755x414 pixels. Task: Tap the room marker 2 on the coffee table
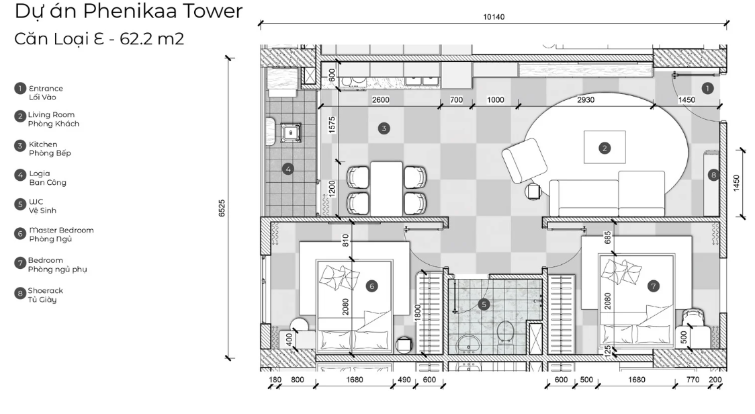click(x=605, y=148)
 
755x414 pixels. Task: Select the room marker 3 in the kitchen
click(x=384, y=128)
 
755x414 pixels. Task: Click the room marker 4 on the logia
click(x=288, y=169)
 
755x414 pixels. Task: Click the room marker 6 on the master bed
click(x=373, y=286)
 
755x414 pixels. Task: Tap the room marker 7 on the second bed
click(x=652, y=286)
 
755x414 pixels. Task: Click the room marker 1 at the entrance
click(x=706, y=87)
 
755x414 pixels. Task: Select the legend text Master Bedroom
click(x=61, y=230)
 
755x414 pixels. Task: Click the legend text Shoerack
click(x=46, y=290)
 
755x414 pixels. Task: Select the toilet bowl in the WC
click(x=505, y=331)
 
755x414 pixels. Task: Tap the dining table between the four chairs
click(x=386, y=188)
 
